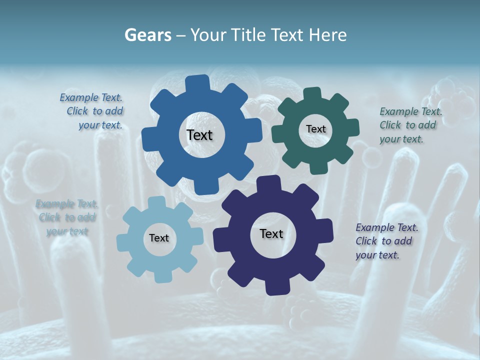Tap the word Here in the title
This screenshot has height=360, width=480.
[328, 35]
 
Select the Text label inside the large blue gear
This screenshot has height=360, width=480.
[199, 135]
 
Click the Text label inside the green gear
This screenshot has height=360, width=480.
[315, 129]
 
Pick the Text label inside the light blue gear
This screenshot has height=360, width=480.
[159, 238]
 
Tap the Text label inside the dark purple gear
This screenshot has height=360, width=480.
[271, 233]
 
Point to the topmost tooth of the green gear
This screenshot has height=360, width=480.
[312, 94]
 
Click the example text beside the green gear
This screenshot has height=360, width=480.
[410, 125]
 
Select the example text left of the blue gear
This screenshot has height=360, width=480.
[92, 111]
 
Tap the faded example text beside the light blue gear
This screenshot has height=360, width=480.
[67, 217]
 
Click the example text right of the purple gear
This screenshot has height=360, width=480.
[386, 241]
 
